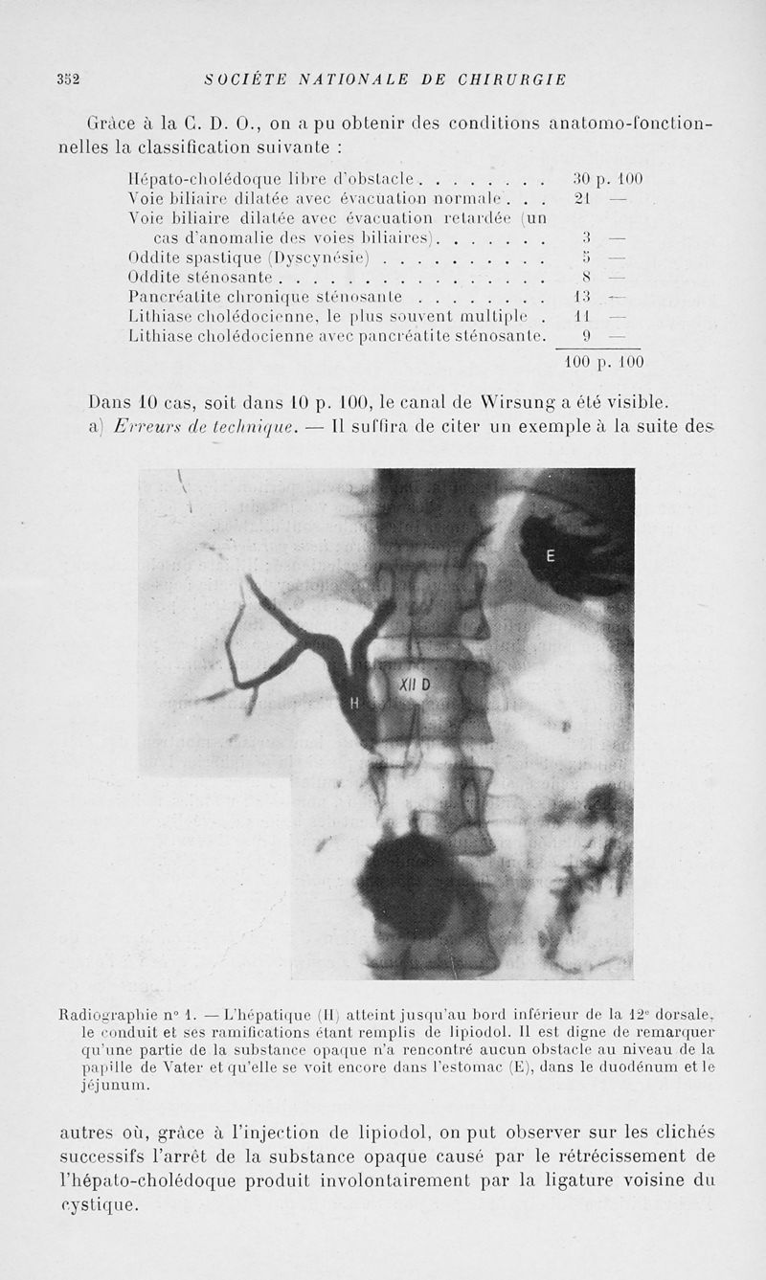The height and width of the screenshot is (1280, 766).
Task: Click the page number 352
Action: (x=67, y=79)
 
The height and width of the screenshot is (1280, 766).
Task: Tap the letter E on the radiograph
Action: (x=551, y=554)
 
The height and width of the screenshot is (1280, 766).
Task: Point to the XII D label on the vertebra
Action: (x=416, y=685)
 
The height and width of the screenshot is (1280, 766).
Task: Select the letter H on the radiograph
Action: (x=354, y=703)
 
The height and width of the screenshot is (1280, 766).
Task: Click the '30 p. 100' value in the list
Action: (x=606, y=178)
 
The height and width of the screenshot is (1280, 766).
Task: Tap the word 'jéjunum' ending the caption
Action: (x=106, y=1087)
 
